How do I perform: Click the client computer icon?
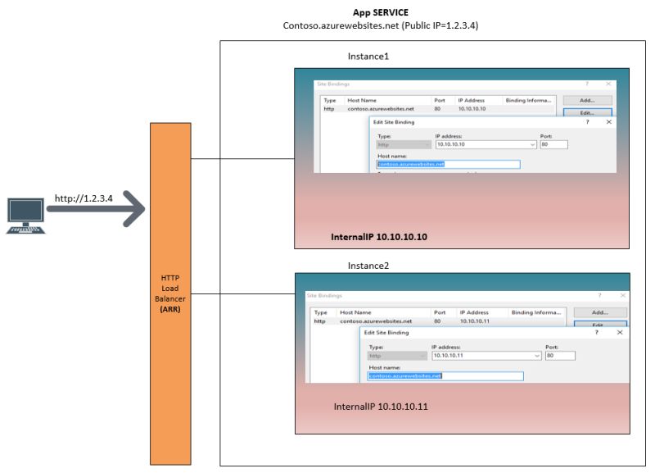[24, 216]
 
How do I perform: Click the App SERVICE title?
[380, 12]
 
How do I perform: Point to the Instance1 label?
[368, 57]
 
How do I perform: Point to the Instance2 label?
[368, 266]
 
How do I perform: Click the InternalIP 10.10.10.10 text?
[379, 237]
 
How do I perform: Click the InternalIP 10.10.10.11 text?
[382, 407]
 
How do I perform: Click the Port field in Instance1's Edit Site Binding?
[554, 144]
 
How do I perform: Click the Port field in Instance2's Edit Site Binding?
[560, 356]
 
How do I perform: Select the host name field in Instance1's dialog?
[448, 164]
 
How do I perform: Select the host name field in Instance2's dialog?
[445, 376]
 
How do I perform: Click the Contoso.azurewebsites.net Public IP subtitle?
[380, 26]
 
